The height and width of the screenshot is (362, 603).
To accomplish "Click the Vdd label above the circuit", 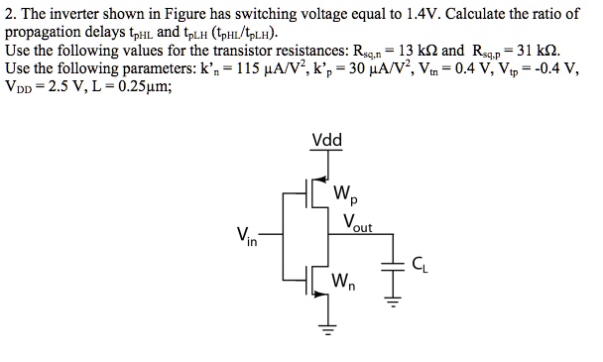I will point(326,140).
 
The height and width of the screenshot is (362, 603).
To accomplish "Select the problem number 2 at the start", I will point(9,14).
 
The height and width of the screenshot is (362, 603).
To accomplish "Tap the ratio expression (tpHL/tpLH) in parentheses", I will point(232,32).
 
